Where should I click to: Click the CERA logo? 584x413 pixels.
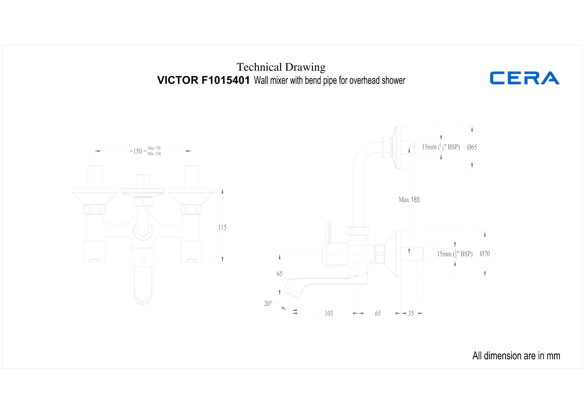point(525,78)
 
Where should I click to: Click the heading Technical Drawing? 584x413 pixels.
point(281,67)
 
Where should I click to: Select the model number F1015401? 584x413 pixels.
point(226,80)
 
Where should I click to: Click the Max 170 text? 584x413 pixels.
point(154,148)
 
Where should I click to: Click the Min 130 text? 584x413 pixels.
point(154,154)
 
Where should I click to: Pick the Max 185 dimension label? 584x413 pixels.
point(409,200)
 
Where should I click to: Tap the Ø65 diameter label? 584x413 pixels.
point(472,147)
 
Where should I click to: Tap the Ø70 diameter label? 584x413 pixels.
point(485,254)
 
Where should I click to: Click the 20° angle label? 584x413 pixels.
point(268,304)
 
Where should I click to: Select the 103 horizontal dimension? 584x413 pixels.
point(329,313)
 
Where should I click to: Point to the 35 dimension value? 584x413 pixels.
point(411,313)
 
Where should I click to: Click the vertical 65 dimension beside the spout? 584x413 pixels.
point(280,274)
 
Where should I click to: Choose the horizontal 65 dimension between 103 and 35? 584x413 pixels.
point(378,313)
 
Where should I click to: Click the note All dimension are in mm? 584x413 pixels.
point(516,356)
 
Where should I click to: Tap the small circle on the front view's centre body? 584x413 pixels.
point(143,261)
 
